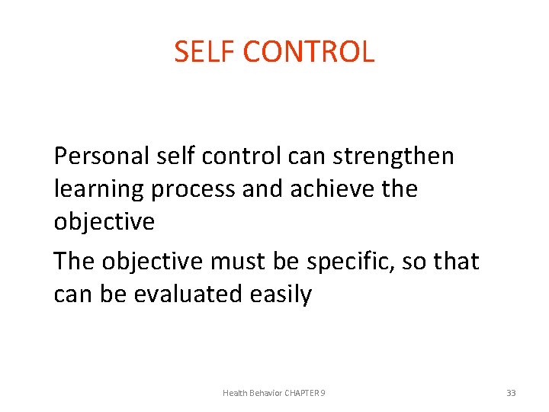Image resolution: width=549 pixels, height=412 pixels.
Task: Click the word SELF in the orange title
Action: coord(200,52)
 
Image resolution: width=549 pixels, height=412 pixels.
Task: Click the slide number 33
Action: coord(511,393)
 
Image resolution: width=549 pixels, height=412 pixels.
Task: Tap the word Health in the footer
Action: coord(235,393)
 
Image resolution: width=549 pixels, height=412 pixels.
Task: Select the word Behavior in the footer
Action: coord(265,393)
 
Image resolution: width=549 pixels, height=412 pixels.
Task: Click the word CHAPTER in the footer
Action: coord(303,393)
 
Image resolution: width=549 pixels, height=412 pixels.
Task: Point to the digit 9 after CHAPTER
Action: coord(323,393)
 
